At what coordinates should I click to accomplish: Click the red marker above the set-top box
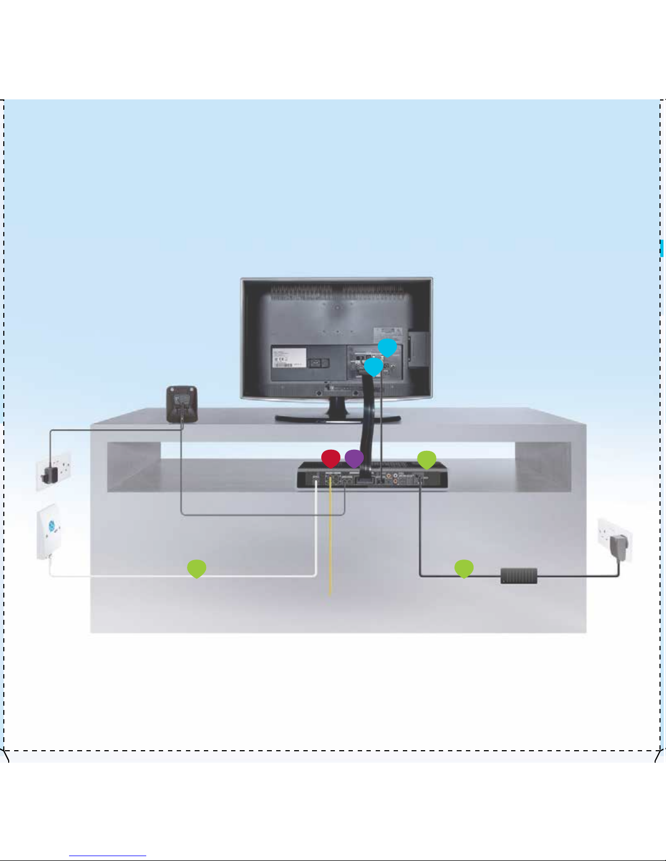(331, 458)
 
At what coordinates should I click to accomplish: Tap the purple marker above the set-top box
(354, 458)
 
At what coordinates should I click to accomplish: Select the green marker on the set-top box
(427, 460)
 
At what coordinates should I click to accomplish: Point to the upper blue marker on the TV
(387, 348)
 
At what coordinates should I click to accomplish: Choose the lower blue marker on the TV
(374, 367)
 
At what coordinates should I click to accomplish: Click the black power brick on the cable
(519, 576)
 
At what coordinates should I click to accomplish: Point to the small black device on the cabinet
(182, 404)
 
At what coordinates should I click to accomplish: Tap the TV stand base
(337, 417)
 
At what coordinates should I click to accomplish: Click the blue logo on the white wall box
(52, 526)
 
